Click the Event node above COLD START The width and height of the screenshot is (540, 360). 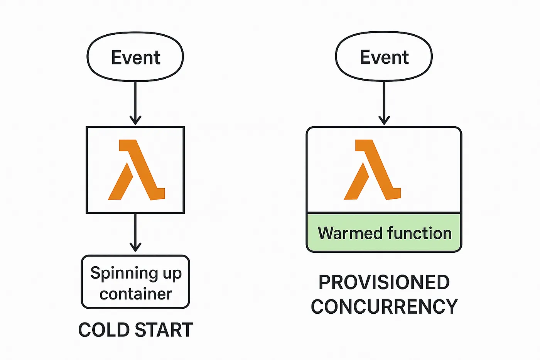click(135, 57)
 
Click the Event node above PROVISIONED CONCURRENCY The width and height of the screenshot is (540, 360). click(384, 57)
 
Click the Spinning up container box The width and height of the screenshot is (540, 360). click(135, 282)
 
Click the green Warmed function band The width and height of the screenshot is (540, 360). click(384, 233)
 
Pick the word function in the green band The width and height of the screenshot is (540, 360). click(419, 233)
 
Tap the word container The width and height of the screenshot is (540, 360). click(135, 294)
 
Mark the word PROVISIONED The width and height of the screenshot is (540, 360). click(384, 282)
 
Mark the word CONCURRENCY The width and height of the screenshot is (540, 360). click(384, 307)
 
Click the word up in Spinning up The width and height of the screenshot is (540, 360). click(172, 274)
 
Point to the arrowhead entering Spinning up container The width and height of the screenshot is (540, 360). click(135, 247)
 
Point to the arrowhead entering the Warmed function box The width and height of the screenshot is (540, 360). click(384, 120)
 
